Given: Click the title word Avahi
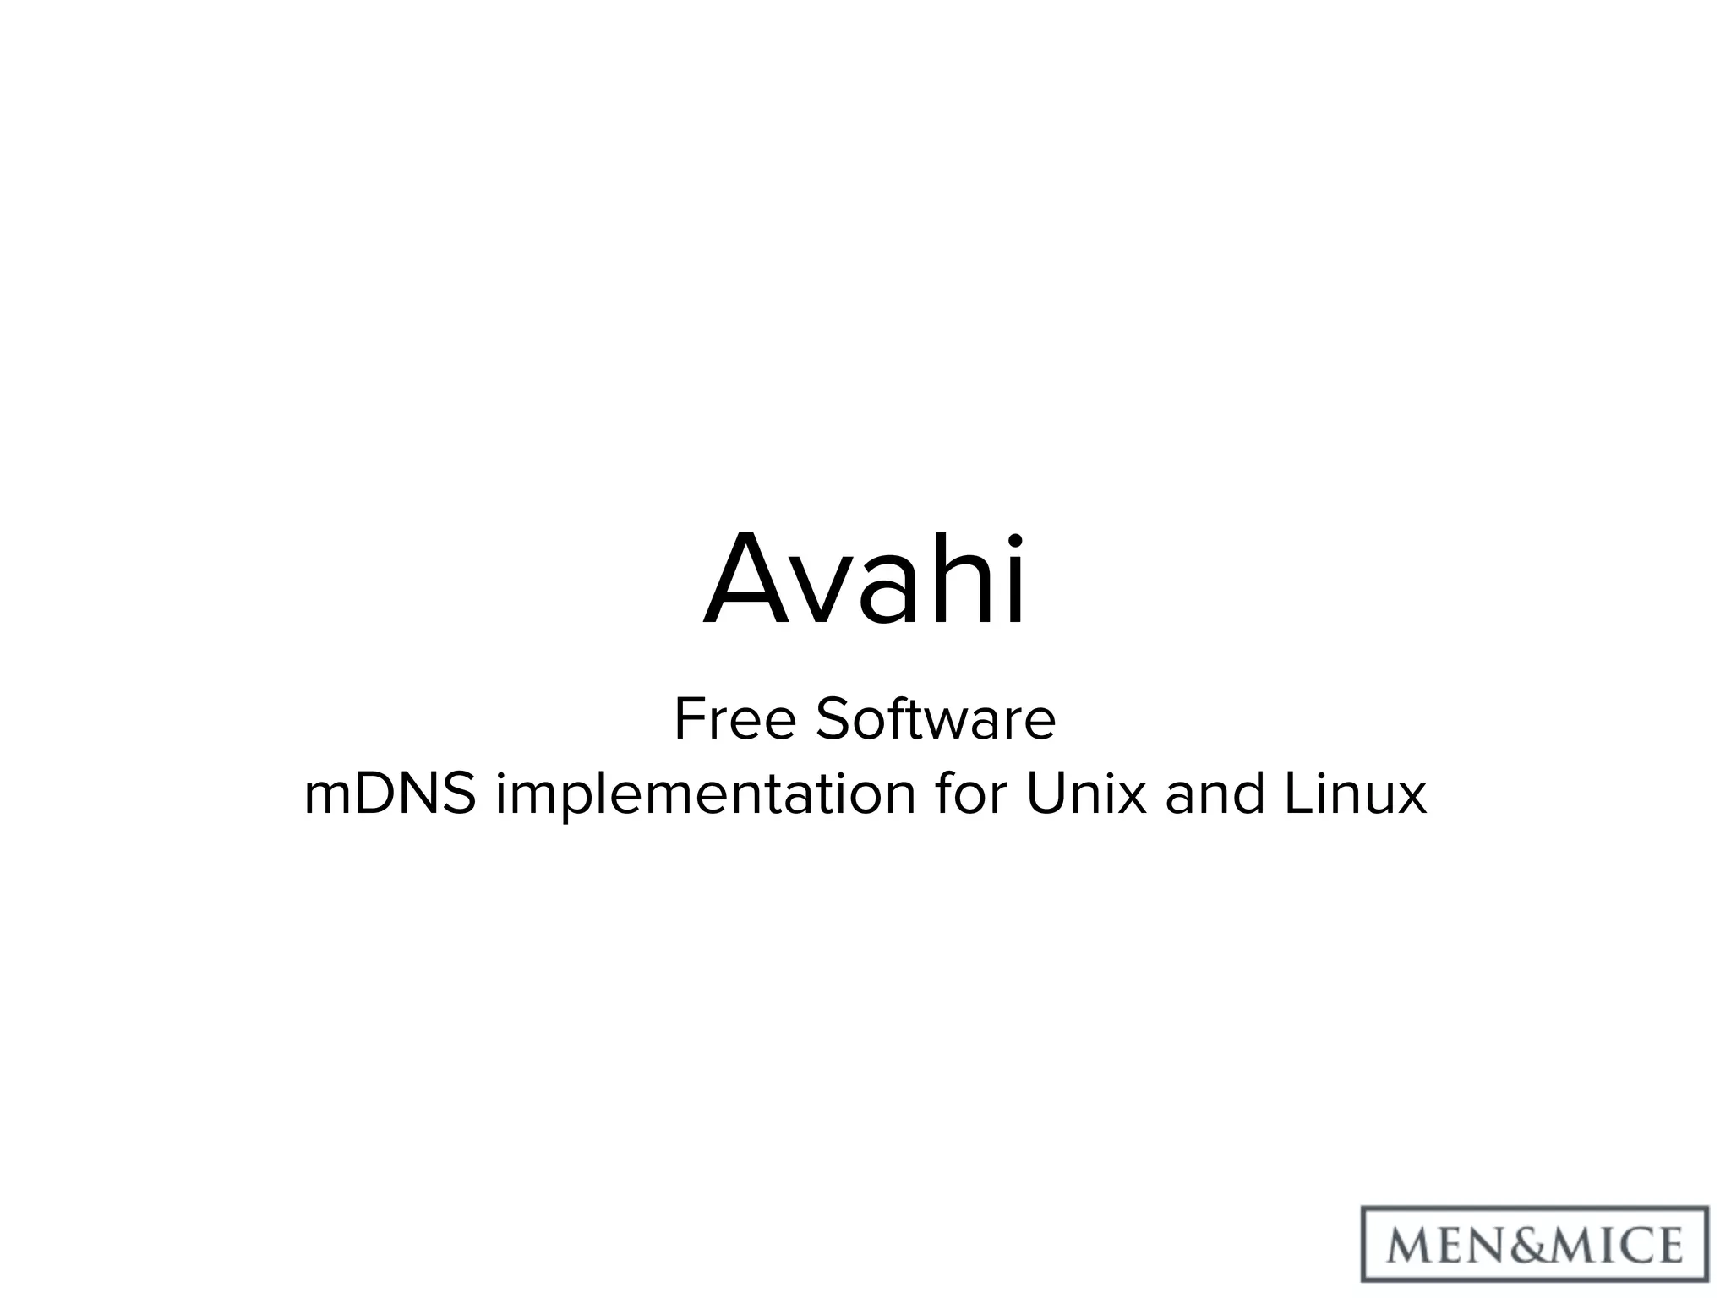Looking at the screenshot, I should click(x=865, y=581).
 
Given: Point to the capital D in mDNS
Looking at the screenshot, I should click(x=382, y=794).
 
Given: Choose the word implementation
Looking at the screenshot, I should click(x=706, y=796).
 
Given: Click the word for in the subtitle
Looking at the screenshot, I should click(x=969, y=794).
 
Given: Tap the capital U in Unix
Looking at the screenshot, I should click(x=1045, y=794).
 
